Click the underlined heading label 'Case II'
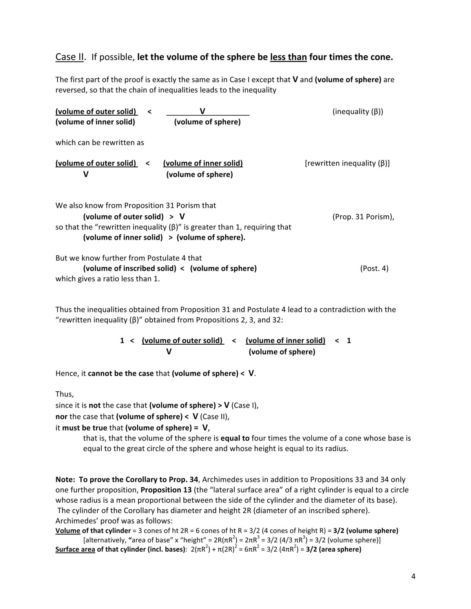click(69, 57)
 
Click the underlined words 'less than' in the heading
click(288, 57)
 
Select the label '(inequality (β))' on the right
click(358, 112)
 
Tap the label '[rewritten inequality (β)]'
click(347, 164)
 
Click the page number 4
click(413, 576)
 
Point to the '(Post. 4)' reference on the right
click(374, 269)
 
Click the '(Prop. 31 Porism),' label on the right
click(363, 217)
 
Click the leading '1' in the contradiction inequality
click(122, 341)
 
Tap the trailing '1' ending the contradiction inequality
click(349, 341)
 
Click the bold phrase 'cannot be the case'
click(120, 374)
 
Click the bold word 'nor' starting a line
click(61, 416)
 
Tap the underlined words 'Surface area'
click(75, 549)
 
